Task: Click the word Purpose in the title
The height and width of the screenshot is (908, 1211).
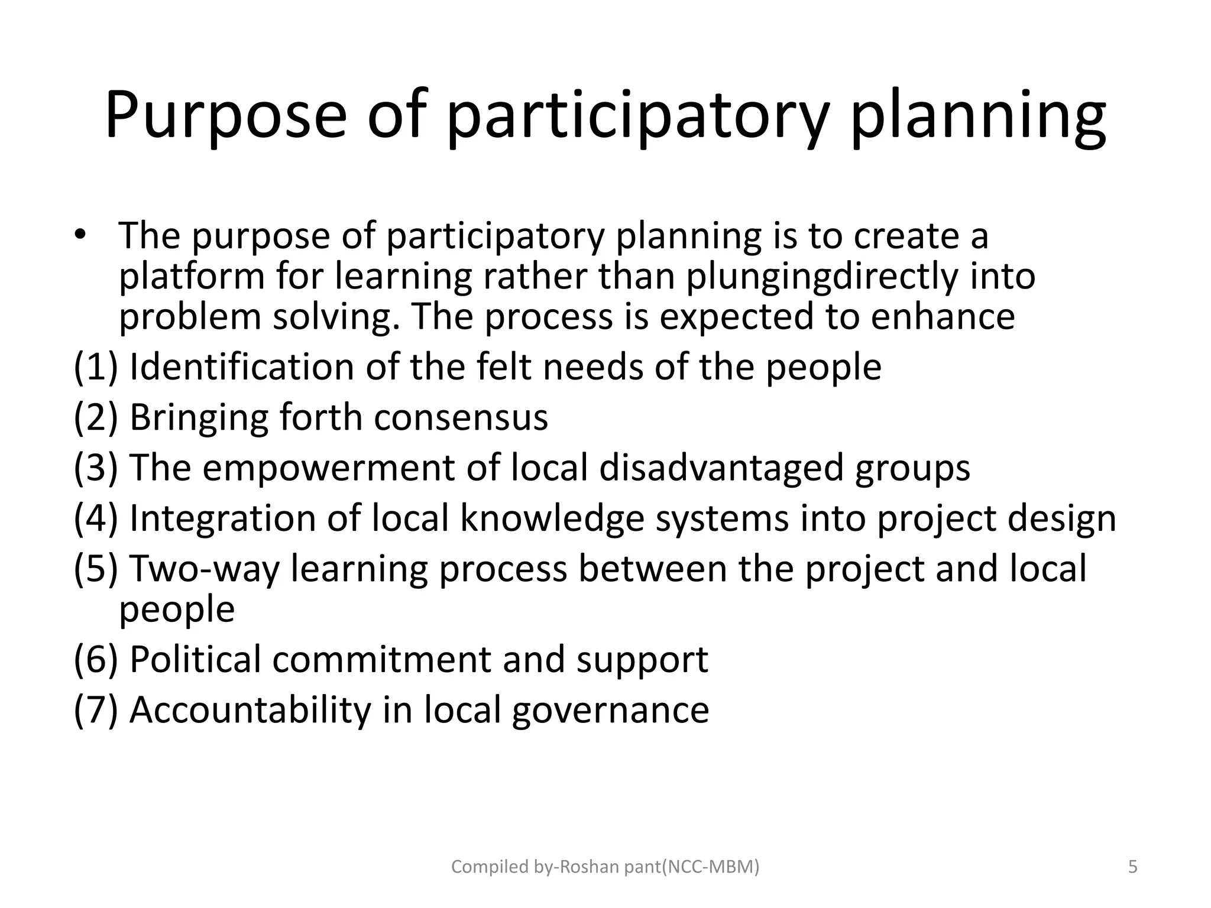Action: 225,115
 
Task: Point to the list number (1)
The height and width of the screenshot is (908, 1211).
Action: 95,367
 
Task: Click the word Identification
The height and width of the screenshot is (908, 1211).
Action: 241,367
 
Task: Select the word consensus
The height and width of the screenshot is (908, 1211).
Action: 461,417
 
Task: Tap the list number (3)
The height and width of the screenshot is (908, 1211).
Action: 95,468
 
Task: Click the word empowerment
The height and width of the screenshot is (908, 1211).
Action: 329,468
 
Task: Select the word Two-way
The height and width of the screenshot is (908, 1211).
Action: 203,569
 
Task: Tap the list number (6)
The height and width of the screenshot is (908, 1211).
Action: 95,659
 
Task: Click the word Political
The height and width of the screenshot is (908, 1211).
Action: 195,659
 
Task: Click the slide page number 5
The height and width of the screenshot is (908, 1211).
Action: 1133,867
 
